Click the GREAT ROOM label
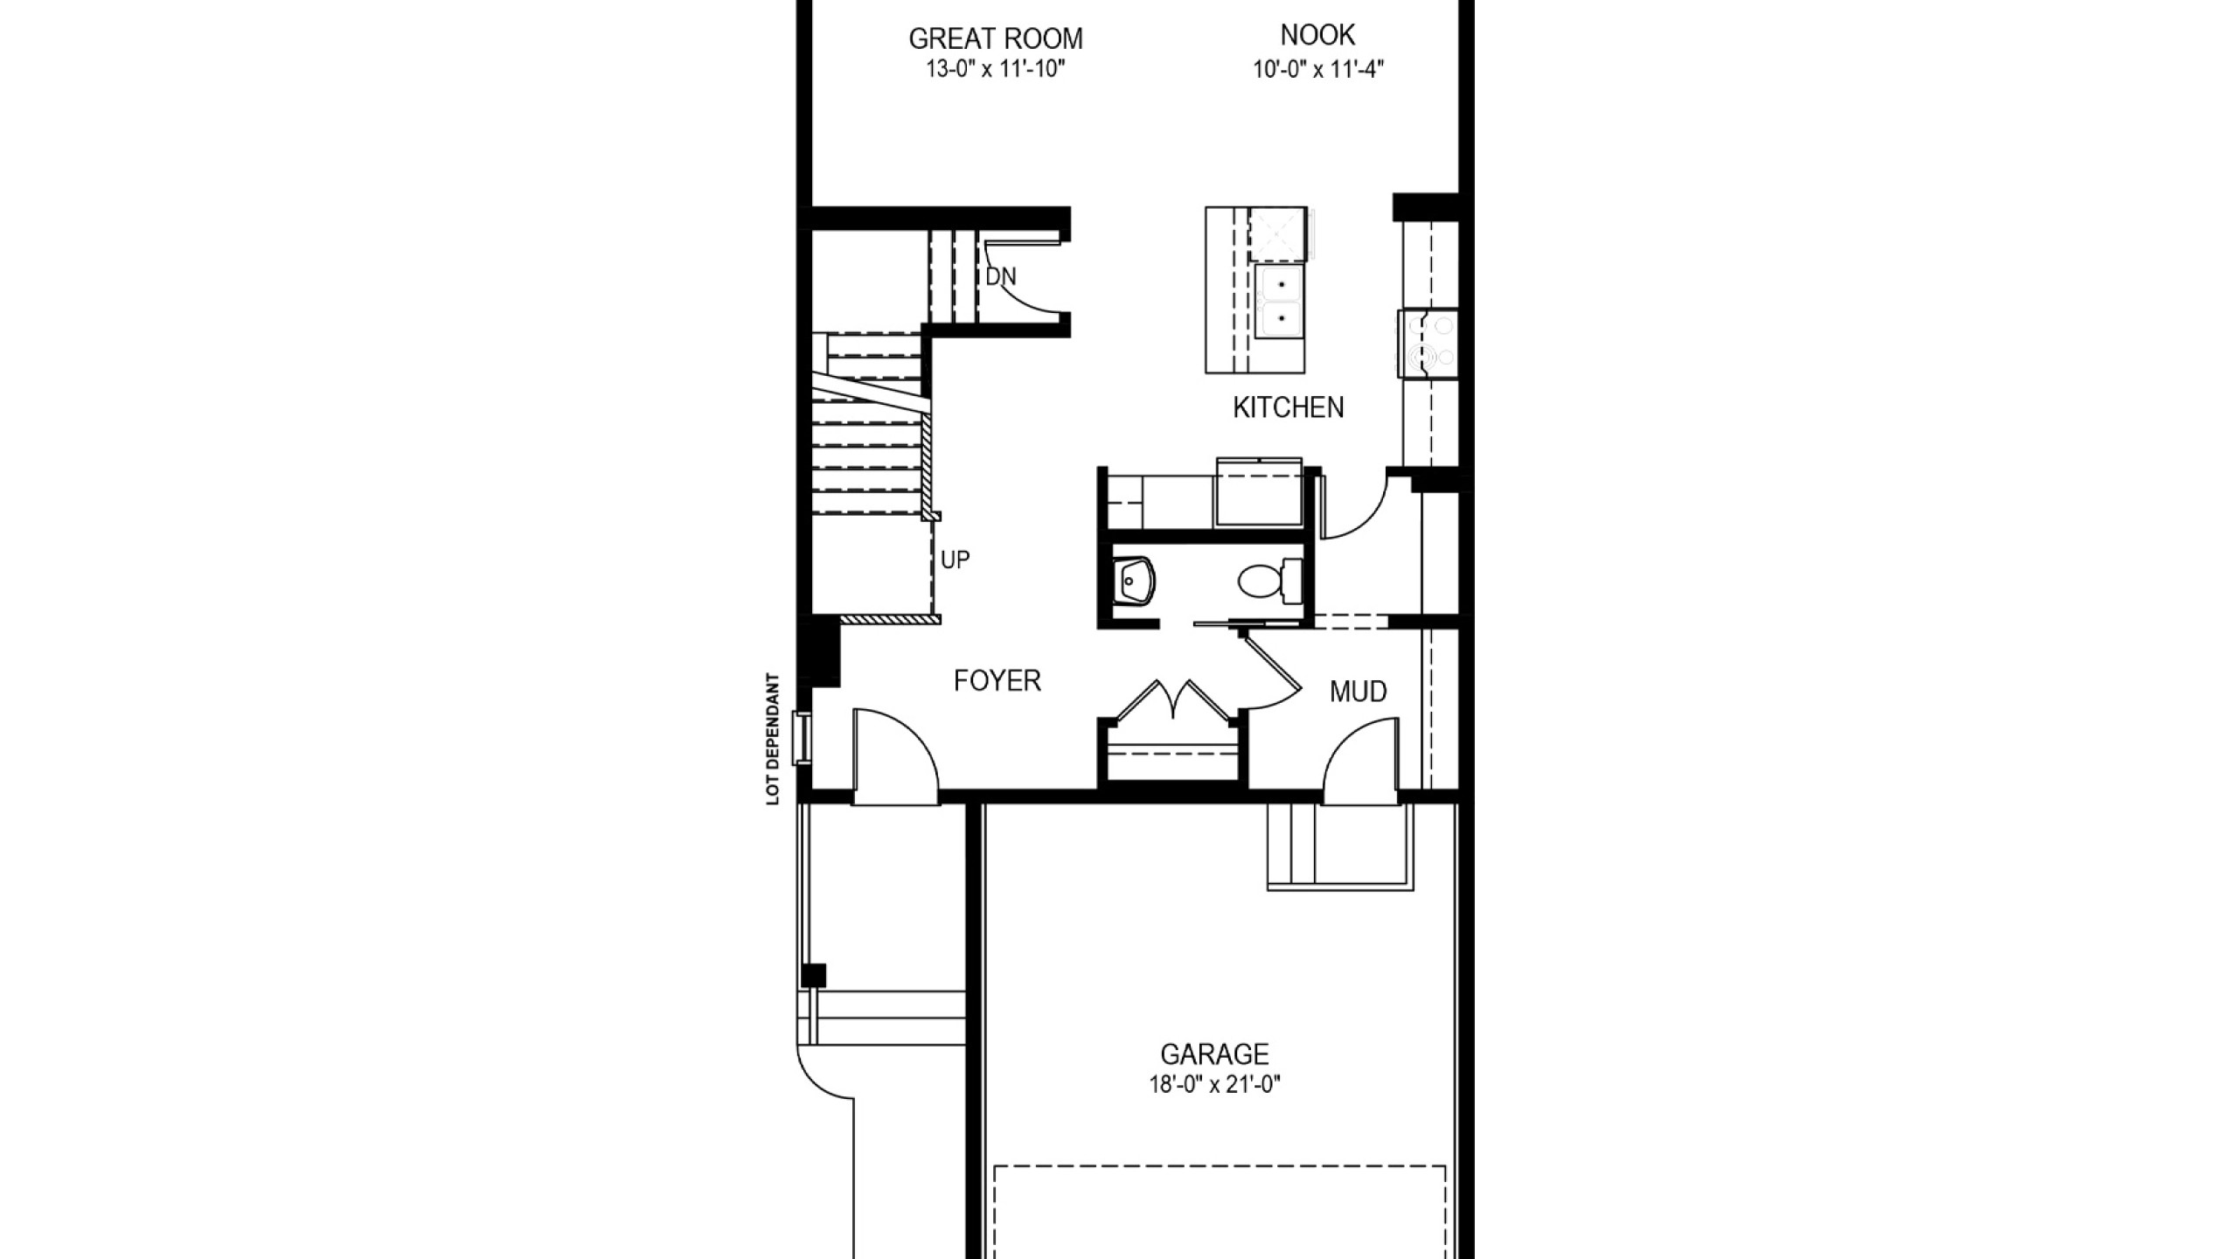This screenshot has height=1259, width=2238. [x=996, y=38]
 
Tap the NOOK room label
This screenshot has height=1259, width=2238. [x=1317, y=35]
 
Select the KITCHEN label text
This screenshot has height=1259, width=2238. [x=1288, y=407]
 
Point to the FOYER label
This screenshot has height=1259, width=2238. [x=997, y=680]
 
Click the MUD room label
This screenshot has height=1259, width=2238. [x=1358, y=692]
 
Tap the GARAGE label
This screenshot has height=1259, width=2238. [x=1214, y=1054]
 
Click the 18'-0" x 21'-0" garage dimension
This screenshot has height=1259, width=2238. [x=1214, y=1085]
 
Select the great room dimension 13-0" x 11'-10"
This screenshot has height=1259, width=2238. [x=996, y=69]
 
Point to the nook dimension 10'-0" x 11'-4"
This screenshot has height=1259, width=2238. [x=1317, y=69]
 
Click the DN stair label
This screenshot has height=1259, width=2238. [x=1001, y=277]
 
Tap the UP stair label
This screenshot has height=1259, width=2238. [x=955, y=560]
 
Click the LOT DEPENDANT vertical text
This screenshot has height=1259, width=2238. [x=772, y=739]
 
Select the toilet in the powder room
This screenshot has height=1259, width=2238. [x=1269, y=581]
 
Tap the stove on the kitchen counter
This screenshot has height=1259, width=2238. [x=1428, y=343]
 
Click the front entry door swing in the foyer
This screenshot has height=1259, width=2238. [x=895, y=755]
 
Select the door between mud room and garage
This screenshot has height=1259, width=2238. [x=1360, y=760]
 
